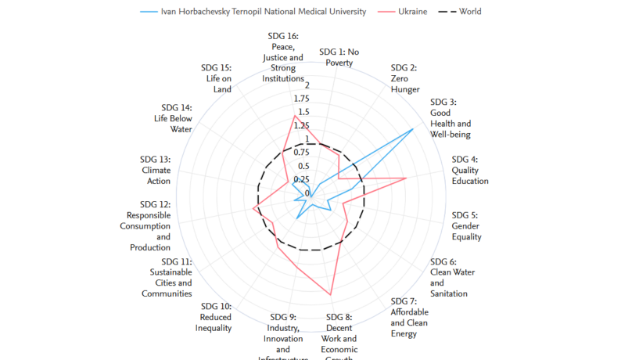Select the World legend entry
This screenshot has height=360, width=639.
(x=470, y=12)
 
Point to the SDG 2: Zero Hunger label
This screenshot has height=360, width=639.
(x=404, y=78)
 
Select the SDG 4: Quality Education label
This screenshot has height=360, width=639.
(x=469, y=170)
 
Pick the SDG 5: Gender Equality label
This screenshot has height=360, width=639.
(x=466, y=226)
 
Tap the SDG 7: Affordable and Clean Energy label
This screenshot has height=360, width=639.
(x=409, y=318)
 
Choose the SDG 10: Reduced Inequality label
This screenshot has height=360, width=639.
(x=215, y=317)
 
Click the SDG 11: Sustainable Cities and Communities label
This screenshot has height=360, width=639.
(x=171, y=277)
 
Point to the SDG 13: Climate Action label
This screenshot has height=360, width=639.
(x=156, y=170)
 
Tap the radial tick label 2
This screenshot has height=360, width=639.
(x=307, y=85)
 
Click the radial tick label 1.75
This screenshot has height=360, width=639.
(x=302, y=99)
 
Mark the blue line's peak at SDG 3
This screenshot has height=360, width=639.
(x=413, y=129)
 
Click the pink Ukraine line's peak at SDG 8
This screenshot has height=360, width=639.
(x=331, y=294)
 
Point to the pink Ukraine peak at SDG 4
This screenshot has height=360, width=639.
(x=406, y=178)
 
